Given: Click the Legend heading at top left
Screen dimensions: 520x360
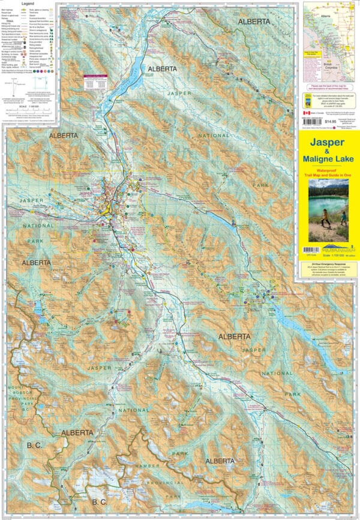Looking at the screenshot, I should pos(28,4).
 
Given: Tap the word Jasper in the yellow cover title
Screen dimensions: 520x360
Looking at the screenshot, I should pos(328,144).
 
